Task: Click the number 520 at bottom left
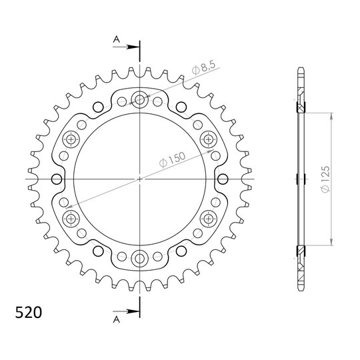coord(29,313)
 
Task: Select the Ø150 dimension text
coord(172,159)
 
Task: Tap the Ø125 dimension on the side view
coord(325,179)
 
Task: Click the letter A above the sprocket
coord(117,39)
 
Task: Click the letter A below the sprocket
coord(117,319)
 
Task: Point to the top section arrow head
coord(133,47)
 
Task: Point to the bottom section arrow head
coord(133,311)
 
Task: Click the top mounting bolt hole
coord(139,99)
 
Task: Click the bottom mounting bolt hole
coord(139,259)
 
